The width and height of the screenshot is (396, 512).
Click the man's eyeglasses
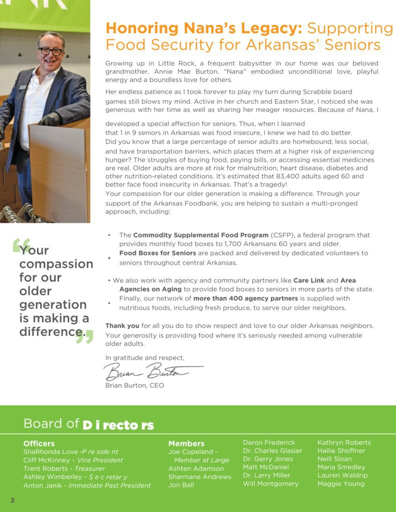point(51,51)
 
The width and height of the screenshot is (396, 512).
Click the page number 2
point(13,500)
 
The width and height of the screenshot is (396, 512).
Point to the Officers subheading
point(39,443)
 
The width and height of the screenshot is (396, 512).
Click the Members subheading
point(186,443)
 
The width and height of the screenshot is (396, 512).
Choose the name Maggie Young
point(341,483)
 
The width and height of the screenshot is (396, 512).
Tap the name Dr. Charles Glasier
point(272,450)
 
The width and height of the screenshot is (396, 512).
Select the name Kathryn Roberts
point(344,442)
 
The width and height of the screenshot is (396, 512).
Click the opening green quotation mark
point(21,245)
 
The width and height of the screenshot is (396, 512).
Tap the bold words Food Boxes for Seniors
point(157,253)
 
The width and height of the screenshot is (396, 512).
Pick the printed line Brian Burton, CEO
point(135,385)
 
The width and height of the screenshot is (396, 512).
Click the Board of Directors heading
point(89,424)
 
